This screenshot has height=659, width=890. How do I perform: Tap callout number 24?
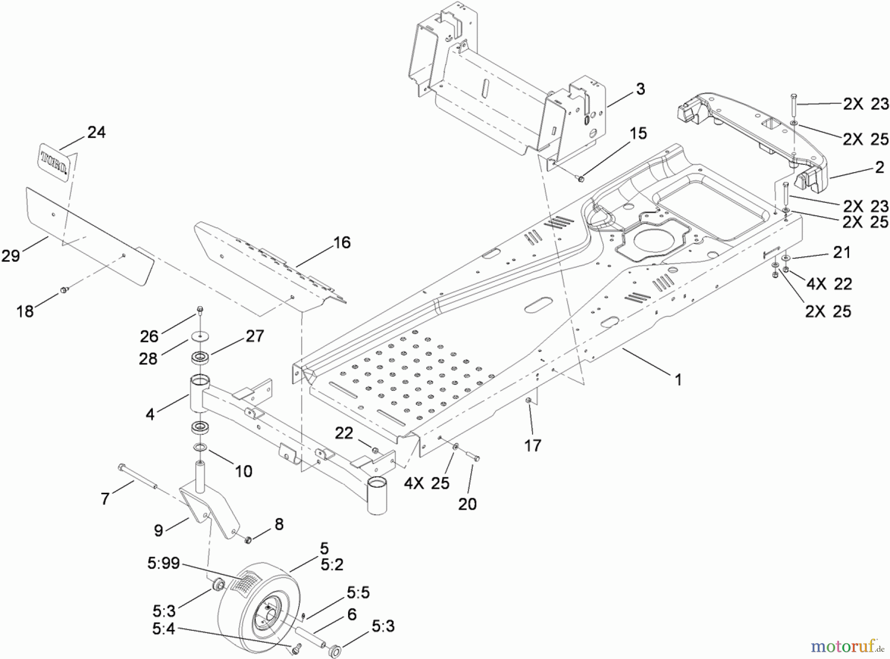[x=96, y=132]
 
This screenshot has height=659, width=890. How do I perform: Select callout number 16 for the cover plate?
[x=342, y=242]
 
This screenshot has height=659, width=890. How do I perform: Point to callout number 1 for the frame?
[x=678, y=380]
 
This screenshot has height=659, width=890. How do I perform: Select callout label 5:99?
[x=163, y=564]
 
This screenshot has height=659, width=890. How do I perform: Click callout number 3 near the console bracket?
[x=640, y=89]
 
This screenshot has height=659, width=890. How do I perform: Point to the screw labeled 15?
[x=580, y=178]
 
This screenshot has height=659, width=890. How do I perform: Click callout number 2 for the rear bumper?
[x=879, y=167]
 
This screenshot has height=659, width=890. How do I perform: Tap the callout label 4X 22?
[x=829, y=284]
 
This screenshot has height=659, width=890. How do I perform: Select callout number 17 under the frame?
[x=533, y=446]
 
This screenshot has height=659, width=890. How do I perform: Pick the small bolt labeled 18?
[x=63, y=290]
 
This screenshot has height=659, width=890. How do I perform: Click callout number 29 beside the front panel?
[x=11, y=256]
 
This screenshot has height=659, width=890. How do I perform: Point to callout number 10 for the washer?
[x=243, y=471]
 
